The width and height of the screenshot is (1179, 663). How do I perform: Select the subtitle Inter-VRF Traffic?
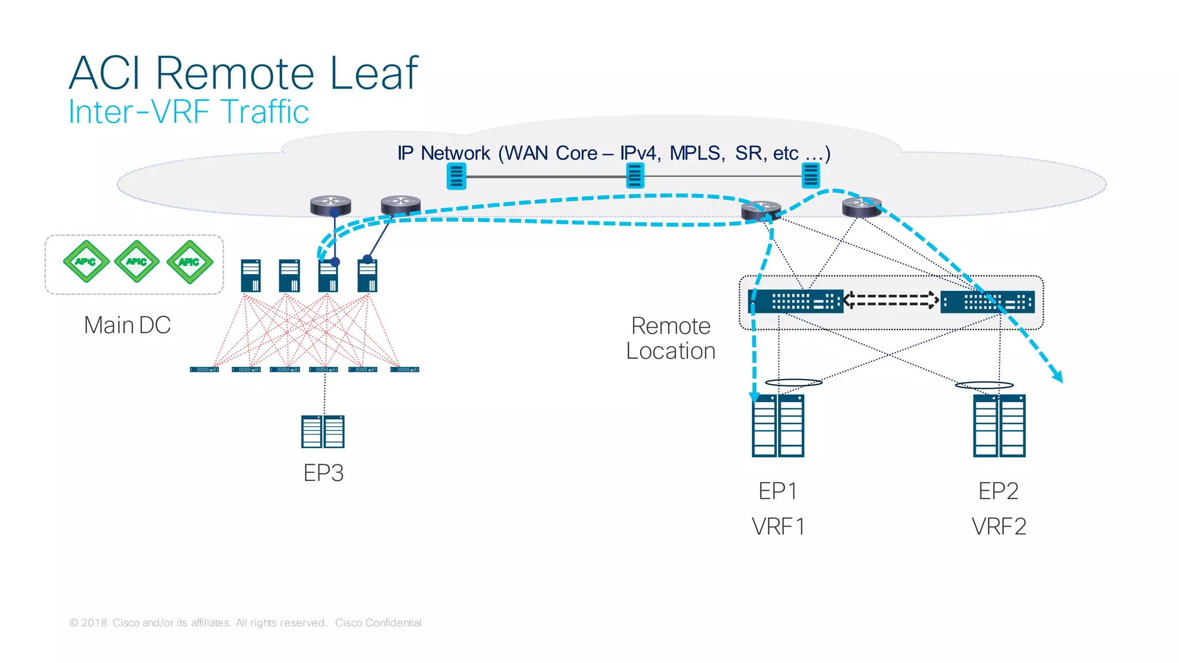click(188, 112)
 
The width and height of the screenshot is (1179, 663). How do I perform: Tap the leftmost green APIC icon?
click(86, 262)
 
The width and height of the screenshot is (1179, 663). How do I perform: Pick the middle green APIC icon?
click(136, 262)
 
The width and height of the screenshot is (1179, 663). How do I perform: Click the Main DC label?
click(127, 325)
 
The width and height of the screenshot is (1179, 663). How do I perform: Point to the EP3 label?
click(323, 473)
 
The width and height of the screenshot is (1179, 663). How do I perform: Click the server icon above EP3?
click(323, 431)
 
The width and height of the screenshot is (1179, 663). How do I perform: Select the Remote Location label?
click(671, 339)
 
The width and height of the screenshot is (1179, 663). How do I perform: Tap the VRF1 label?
click(778, 526)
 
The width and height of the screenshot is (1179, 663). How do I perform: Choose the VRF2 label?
click(999, 526)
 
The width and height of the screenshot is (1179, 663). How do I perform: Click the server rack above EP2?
click(999, 426)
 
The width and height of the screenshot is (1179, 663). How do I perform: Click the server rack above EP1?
click(778, 426)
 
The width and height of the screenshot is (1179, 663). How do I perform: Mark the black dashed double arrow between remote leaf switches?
click(891, 300)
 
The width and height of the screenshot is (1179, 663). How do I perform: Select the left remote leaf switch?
click(796, 301)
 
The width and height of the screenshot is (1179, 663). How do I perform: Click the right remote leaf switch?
click(988, 302)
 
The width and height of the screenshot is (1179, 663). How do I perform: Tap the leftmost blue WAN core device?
click(457, 176)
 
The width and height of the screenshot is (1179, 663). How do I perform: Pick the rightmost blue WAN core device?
click(811, 176)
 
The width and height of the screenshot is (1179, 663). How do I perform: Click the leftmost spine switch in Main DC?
click(251, 276)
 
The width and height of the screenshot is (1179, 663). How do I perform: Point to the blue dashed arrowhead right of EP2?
click(1058, 377)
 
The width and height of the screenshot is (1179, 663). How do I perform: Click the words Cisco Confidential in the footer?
click(378, 623)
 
